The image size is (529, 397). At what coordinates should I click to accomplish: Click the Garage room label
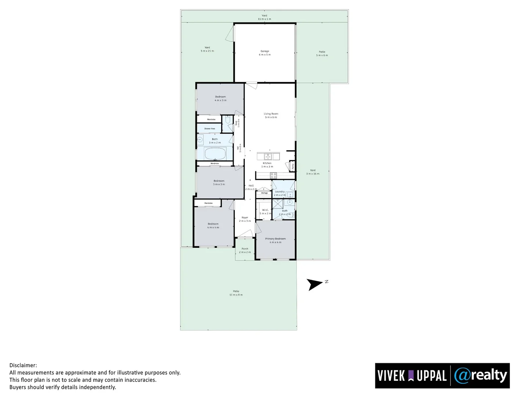tap(265, 53)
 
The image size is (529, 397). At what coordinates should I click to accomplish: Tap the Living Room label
tap(271, 115)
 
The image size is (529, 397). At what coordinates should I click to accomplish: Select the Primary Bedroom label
tap(276, 240)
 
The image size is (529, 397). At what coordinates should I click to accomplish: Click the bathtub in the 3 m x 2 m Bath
tap(215, 153)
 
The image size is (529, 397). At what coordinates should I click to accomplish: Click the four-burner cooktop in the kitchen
tap(273, 175)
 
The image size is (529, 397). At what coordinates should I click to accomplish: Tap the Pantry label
tap(293, 166)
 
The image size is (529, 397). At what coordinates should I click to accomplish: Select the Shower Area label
tap(210, 129)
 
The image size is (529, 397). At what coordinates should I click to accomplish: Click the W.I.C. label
tap(265, 211)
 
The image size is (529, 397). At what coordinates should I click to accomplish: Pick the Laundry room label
tap(280, 193)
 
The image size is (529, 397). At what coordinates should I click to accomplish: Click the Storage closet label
tap(264, 193)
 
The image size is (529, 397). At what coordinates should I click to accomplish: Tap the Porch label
tap(245, 250)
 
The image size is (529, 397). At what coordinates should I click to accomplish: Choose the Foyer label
tap(245, 219)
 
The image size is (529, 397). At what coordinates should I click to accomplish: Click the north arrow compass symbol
tap(315, 284)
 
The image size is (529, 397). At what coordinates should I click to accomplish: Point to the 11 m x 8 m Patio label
tap(236, 293)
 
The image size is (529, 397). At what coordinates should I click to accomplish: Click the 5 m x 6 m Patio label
tap(322, 53)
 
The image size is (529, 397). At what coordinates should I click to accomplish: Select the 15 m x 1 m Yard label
tap(264, 17)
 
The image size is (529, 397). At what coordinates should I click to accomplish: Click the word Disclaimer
tap(23, 365)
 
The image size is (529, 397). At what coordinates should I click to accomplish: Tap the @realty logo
tap(481, 376)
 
